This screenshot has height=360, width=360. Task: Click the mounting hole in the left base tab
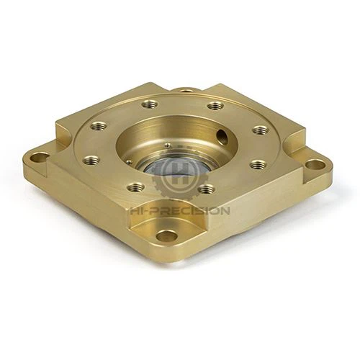point(40,156)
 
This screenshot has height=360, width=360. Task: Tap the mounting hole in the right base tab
point(314,165)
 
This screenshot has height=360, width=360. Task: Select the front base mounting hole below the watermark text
point(166,235)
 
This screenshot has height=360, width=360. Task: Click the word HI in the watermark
point(138,211)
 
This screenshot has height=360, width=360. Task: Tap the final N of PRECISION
point(225,211)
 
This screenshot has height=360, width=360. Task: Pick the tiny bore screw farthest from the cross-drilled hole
point(135,165)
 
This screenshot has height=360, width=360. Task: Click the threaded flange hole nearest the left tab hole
point(91,161)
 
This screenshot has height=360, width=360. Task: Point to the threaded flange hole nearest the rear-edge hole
point(215,106)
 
